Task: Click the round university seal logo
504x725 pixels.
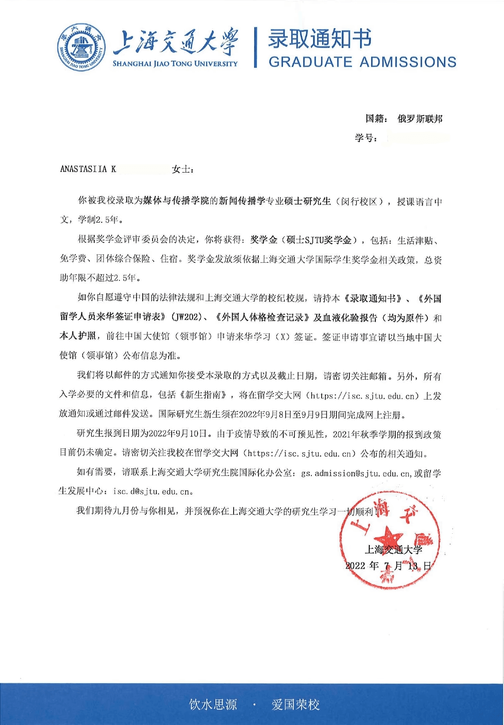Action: pyautogui.click(x=80, y=47)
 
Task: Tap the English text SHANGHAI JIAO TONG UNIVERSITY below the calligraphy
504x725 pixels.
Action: pyautogui.click(x=175, y=64)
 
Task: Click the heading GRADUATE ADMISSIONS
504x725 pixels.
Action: pyautogui.click(x=362, y=62)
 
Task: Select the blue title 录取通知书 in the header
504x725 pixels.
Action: pyautogui.click(x=320, y=39)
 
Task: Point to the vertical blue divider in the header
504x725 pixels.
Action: pyautogui.click(x=256, y=47)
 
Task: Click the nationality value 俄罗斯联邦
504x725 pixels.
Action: pyautogui.click(x=420, y=119)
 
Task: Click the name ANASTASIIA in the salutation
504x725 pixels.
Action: pyautogui.click(x=84, y=169)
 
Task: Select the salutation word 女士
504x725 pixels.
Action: pyautogui.click(x=182, y=169)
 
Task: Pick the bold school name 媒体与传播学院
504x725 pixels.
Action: pyautogui.click(x=176, y=201)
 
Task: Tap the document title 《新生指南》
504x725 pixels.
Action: pyautogui.click(x=205, y=395)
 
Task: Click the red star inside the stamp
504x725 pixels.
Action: pyautogui.click(x=388, y=537)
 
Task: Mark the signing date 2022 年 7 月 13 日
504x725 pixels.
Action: pyautogui.click(x=388, y=566)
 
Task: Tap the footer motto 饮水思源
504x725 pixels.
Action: pyautogui.click(x=213, y=704)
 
